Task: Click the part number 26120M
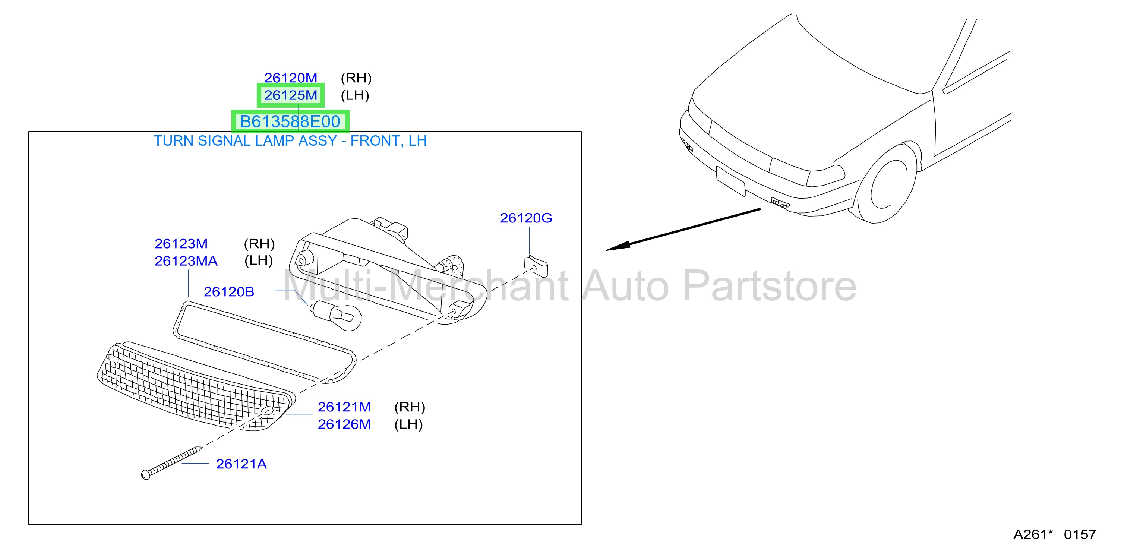pyautogui.click(x=290, y=78)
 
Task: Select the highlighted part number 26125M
pyautogui.click(x=290, y=95)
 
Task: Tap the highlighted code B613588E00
pyautogui.click(x=290, y=121)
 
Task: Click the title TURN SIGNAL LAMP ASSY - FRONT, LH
pyautogui.click(x=290, y=141)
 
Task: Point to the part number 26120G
pyautogui.click(x=526, y=218)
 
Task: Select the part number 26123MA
pyautogui.click(x=186, y=260)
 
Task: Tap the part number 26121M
pyautogui.click(x=344, y=407)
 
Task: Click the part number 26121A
pyautogui.click(x=241, y=464)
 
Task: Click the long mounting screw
pyautogui.click(x=171, y=463)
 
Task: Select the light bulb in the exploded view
pyautogui.click(x=336, y=315)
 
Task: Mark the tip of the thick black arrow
pyautogui.click(x=606, y=250)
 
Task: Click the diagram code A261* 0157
pyautogui.click(x=1055, y=534)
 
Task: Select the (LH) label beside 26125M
pyautogui.click(x=354, y=95)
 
